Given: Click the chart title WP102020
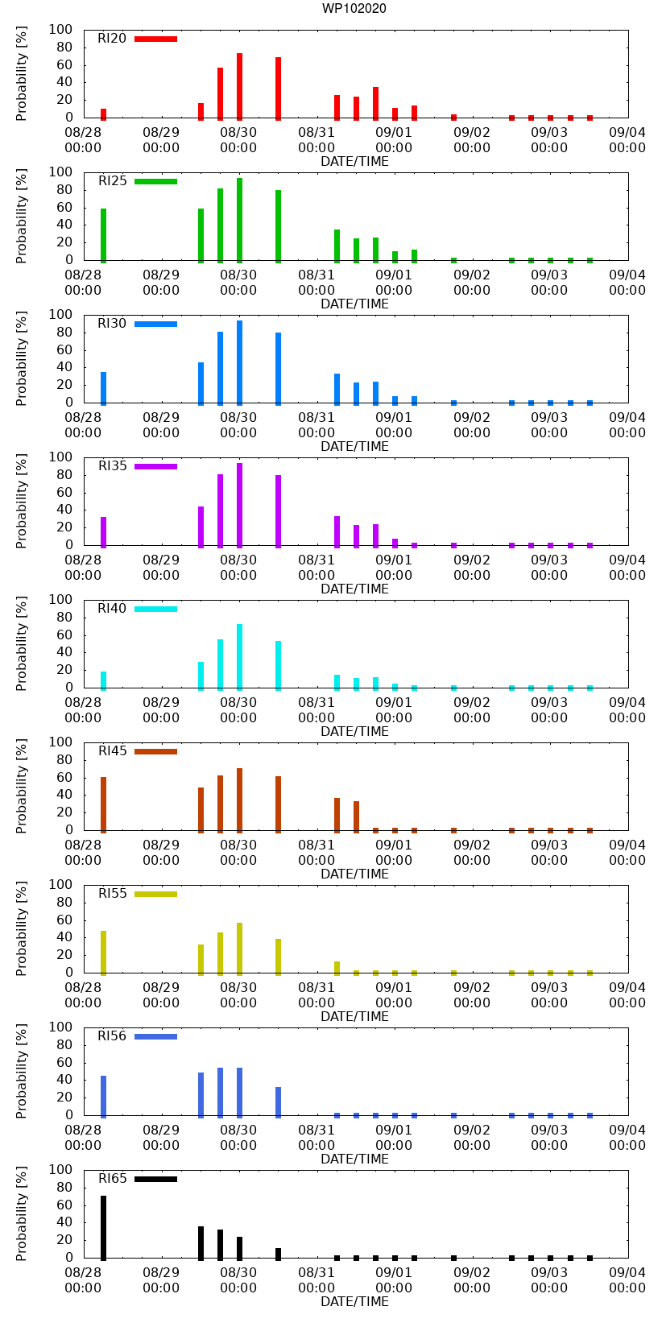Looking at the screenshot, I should [354, 9].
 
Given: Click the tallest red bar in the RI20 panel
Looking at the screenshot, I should [239, 86].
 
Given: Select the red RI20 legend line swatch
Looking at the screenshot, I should [155, 39].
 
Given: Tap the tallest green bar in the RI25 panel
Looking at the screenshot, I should [239, 220].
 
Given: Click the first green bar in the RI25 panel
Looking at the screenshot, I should [103, 234].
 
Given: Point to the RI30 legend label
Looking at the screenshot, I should [112, 324].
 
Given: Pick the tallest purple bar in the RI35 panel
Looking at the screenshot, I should [239, 505].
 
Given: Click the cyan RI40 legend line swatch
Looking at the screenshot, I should [155, 609].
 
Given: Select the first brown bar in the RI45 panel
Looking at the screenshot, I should [103, 804].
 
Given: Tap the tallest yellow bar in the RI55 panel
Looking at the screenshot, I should [239, 948].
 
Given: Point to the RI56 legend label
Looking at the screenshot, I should [112, 1036].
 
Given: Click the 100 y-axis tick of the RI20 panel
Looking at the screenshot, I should [61, 30].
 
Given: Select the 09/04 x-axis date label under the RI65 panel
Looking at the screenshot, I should [627, 1272].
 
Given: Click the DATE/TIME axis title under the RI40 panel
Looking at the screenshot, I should [354, 731].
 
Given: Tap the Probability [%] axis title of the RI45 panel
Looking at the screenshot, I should [22, 787].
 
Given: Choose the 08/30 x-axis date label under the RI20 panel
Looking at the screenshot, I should [238, 132].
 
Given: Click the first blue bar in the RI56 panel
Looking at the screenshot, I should [103, 1096].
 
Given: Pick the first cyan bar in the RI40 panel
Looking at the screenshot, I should [103, 680].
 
